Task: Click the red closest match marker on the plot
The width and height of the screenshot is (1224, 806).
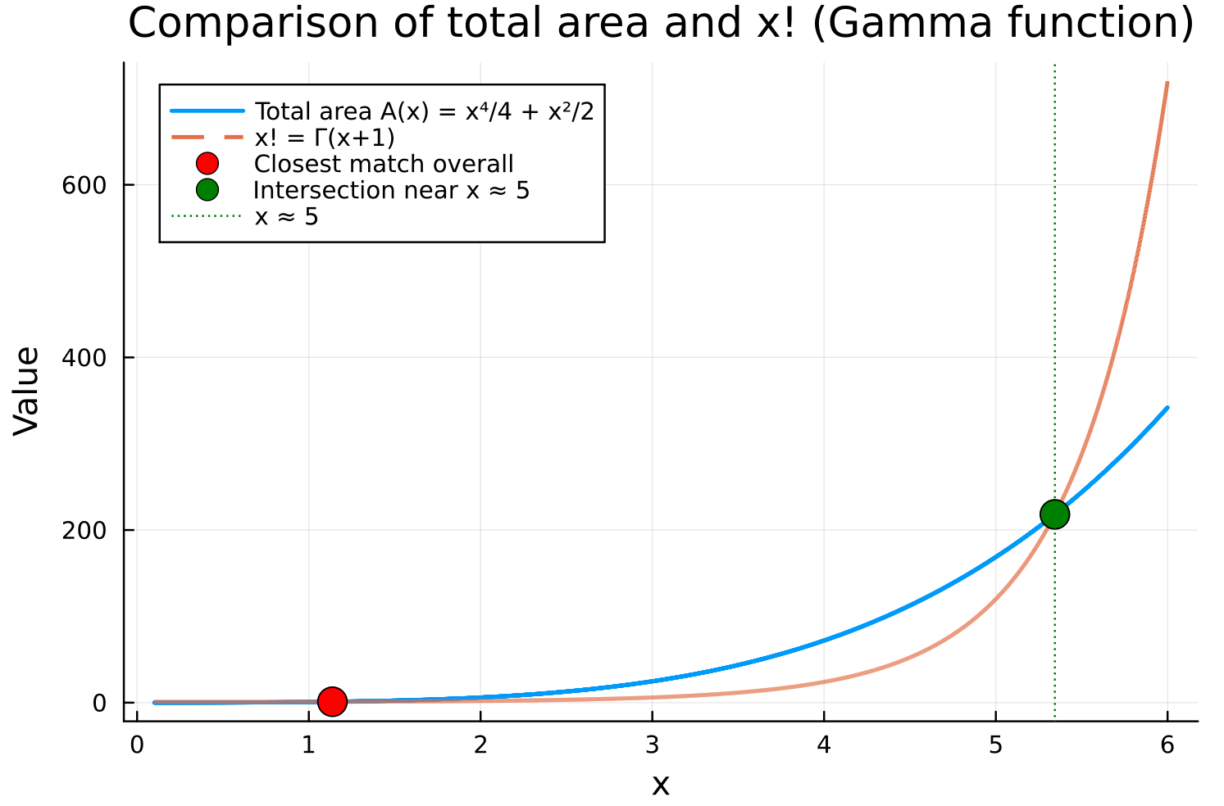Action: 331,701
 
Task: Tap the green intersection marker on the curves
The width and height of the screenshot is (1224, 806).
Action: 1054,514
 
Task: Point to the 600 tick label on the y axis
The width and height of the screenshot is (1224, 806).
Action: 84,185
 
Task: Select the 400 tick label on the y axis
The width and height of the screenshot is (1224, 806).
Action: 84,358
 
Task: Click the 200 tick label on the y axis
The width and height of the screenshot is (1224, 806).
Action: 84,530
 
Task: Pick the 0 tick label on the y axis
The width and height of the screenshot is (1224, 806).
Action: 100,703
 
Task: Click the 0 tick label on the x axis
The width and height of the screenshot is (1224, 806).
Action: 137,745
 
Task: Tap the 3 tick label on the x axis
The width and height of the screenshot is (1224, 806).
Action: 652,745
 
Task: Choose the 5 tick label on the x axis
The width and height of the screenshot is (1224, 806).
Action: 995,745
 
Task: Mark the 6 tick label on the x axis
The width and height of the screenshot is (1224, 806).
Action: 1167,745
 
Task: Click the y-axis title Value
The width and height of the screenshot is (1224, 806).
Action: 27,390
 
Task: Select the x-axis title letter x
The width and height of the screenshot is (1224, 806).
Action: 660,785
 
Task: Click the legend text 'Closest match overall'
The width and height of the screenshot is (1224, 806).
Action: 384,164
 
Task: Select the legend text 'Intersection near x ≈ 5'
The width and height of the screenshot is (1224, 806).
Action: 391,190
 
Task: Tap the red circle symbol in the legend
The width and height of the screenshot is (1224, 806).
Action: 207,164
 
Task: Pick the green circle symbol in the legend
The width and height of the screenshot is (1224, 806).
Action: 207,190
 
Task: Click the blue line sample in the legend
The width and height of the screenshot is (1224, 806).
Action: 207,111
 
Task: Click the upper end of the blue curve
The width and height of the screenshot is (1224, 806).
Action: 1167,408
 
